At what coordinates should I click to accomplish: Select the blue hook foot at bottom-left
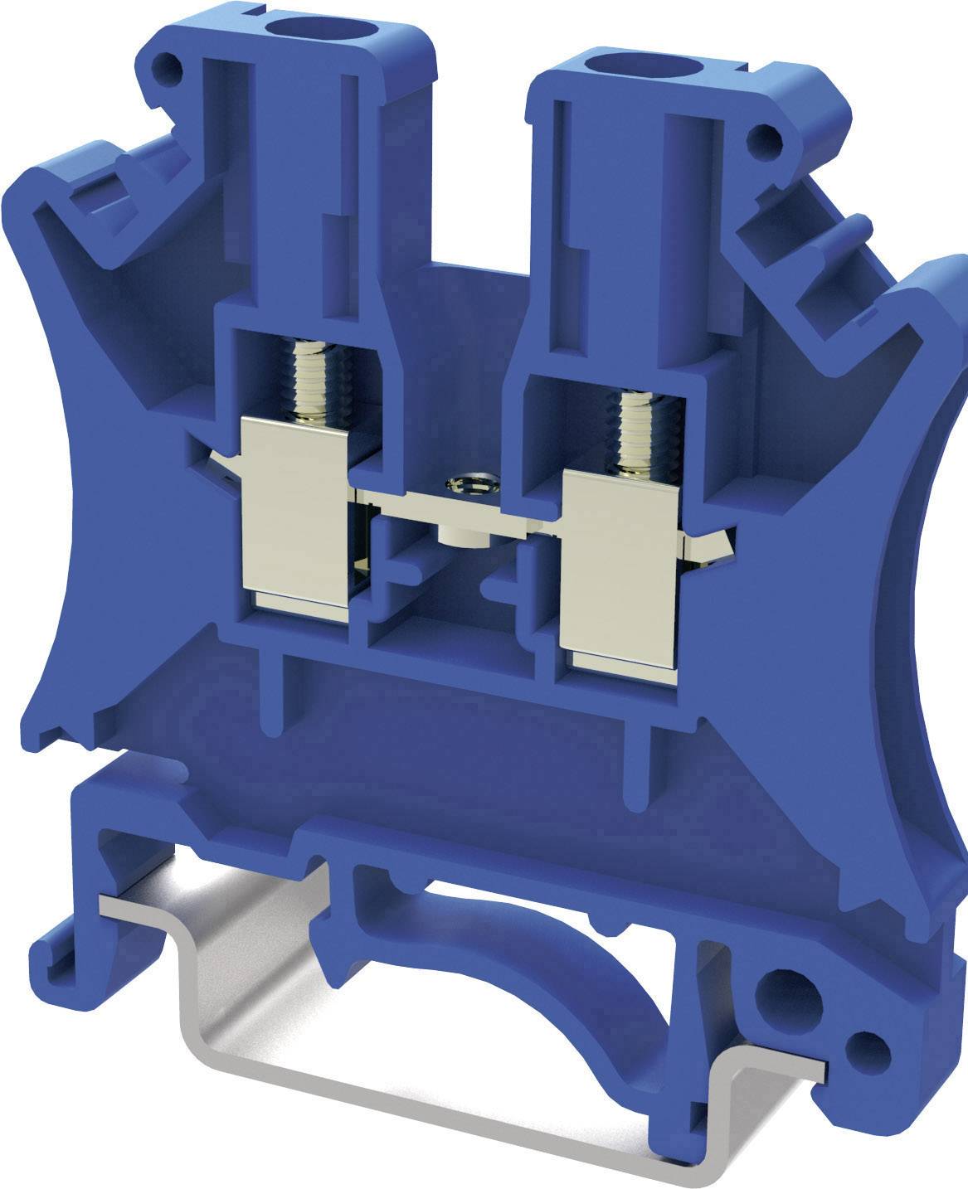click(x=62, y=945)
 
